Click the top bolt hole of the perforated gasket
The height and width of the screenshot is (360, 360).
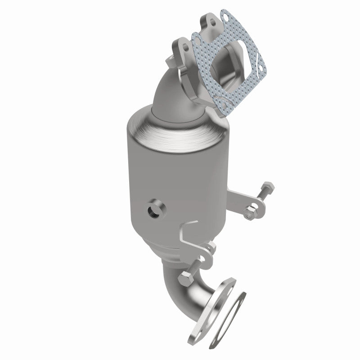(x=223, y=18)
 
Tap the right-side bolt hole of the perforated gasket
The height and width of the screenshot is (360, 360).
(x=258, y=69)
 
